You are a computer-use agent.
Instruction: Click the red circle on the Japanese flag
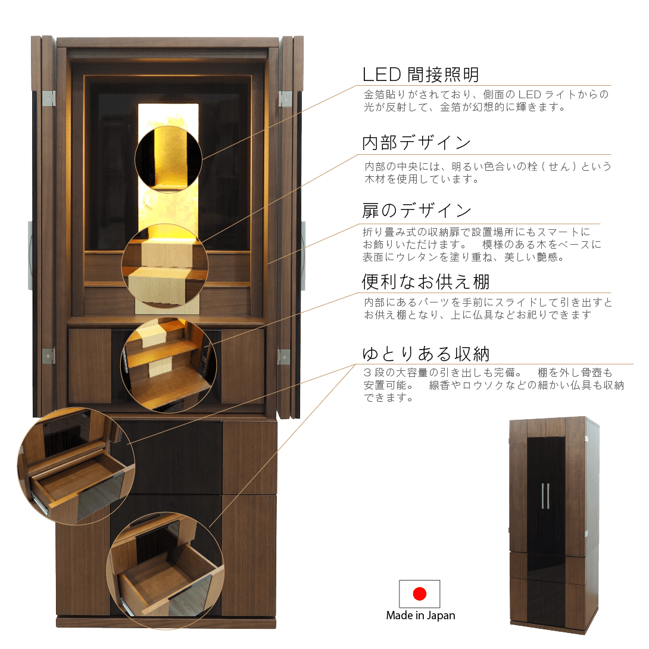coord(420,594)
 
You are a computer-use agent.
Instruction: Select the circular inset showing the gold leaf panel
coord(169,159)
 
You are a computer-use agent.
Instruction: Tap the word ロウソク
coord(499,385)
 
